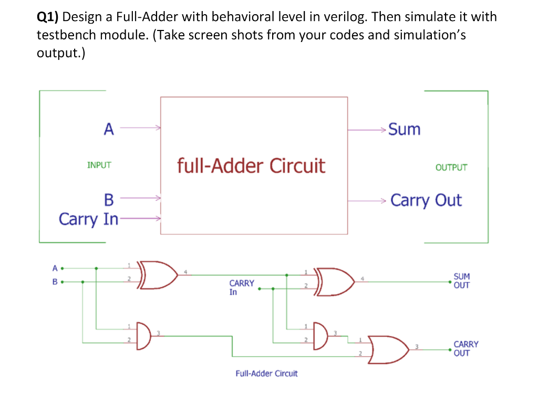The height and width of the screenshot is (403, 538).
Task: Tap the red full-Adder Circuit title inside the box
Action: pyautogui.click(x=251, y=166)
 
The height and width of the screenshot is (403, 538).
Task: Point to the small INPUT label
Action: pyautogui.click(x=99, y=165)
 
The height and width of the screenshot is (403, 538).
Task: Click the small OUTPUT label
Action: pyautogui.click(x=451, y=168)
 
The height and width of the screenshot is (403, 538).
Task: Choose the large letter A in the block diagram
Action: pyautogui.click(x=109, y=129)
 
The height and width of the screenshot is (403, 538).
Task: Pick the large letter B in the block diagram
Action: pyautogui.click(x=109, y=200)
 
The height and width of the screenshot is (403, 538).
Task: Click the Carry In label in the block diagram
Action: pyautogui.click(x=88, y=219)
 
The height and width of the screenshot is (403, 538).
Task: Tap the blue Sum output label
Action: pyautogui.click(x=404, y=129)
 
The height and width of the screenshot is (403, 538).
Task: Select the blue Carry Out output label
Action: pyautogui.click(x=426, y=200)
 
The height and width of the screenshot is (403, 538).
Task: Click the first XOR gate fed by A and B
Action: pyautogui.click(x=158, y=275)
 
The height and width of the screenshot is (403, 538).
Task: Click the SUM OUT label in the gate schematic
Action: pyautogui.click(x=461, y=281)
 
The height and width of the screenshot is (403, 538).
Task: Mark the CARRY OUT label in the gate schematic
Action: pyautogui.click(x=465, y=348)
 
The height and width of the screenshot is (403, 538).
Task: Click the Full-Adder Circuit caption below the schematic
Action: pyautogui.click(x=266, y=374)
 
